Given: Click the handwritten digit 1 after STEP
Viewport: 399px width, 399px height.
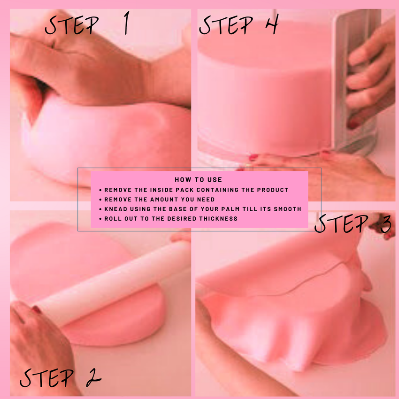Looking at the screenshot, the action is (127, 23).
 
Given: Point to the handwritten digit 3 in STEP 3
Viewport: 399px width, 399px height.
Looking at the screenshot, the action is (386, 223).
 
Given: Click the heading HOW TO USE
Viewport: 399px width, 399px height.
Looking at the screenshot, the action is (198, 180).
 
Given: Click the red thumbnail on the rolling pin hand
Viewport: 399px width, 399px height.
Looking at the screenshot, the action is (37, 309).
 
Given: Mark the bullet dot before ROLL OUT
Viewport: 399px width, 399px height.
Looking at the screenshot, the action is (100, 219).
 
